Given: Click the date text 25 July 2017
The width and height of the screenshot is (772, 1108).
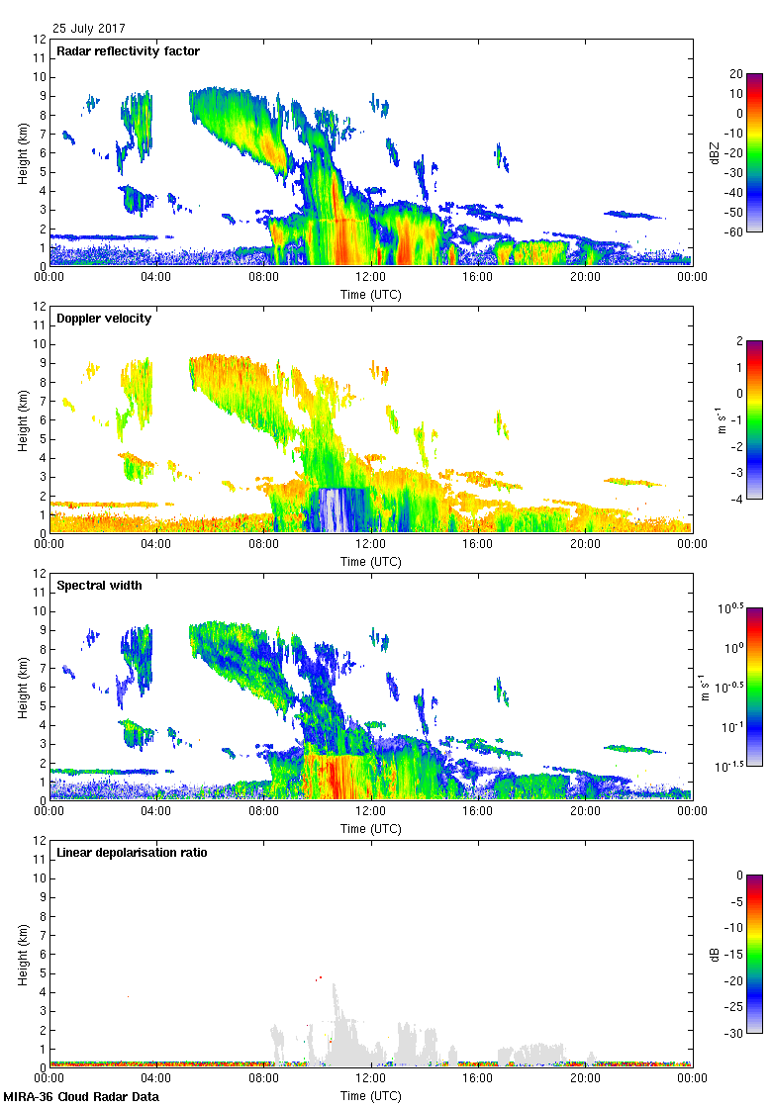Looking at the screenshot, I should (x=89, y=29).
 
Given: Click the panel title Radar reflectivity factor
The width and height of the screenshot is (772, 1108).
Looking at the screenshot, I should (x=129, y=51).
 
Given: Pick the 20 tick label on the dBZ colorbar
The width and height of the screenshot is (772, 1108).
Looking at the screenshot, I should (x=736, y=74).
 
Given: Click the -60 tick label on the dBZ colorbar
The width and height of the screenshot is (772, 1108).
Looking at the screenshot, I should (x=735, y=231).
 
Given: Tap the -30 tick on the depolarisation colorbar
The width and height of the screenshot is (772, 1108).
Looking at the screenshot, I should (x=736, y=1033).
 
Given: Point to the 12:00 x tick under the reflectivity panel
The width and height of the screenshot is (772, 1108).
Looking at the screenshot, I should (x=371, y=277).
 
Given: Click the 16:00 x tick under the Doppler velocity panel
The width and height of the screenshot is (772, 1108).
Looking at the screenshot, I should (x=478, y=544).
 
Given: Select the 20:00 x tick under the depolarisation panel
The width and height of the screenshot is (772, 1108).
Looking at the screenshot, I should (x=585, y=1078).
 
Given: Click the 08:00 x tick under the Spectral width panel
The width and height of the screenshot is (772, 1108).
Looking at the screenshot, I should (x=264, y=811).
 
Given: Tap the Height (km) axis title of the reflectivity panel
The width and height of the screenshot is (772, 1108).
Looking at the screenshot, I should (x=22, y=152).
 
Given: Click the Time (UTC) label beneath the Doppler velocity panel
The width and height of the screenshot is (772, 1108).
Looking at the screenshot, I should (x=371, y=562).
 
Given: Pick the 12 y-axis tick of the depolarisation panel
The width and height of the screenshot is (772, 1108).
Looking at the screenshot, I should (x=39, y=841).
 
